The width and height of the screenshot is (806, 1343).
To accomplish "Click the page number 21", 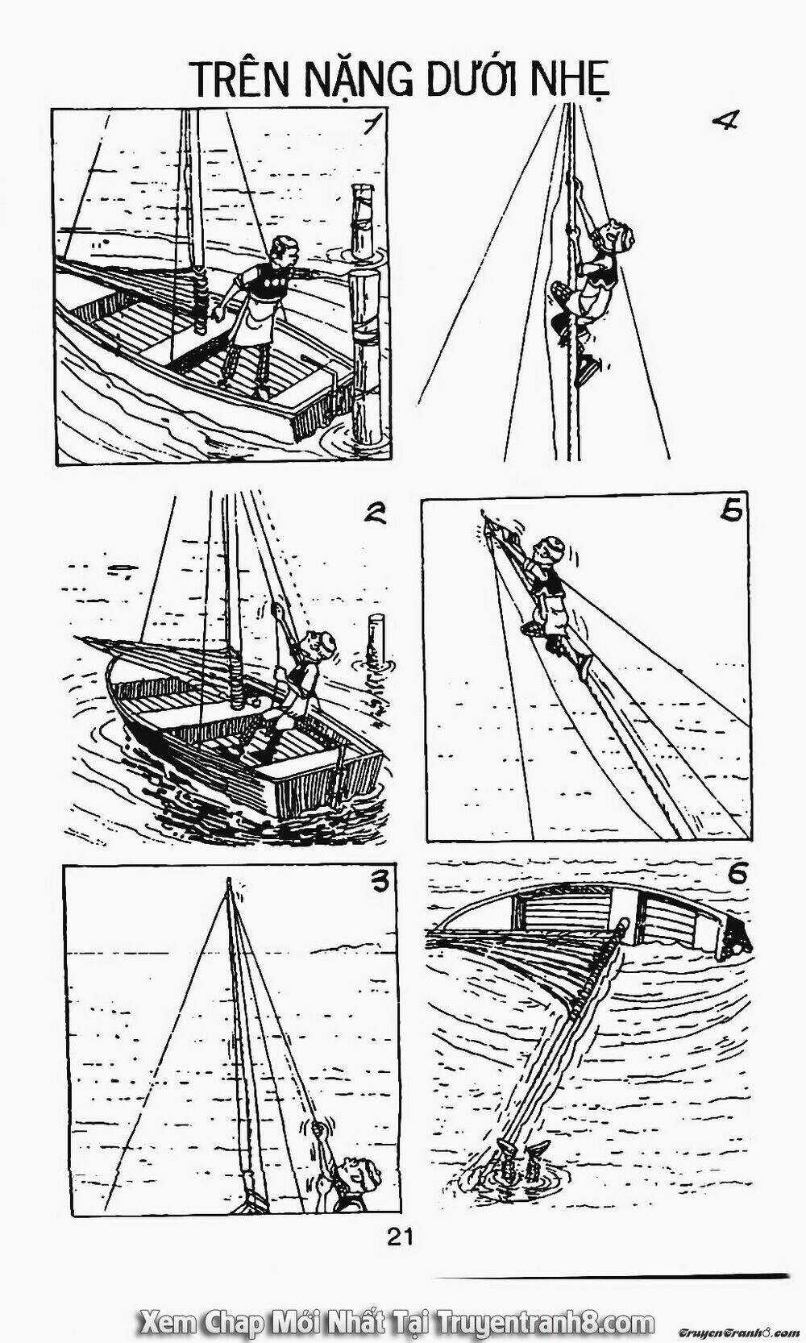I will click(x=401, y=1237).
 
